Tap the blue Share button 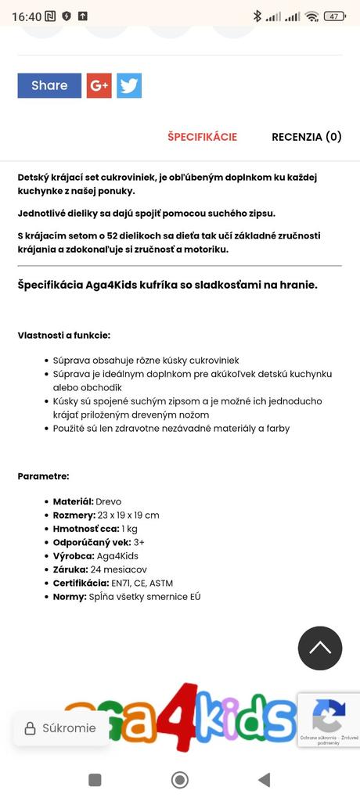click(x=49, y=86)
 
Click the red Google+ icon click(x=99, y=86)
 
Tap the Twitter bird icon click(x=129, y=86)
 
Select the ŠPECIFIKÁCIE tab click(x=202, y=137)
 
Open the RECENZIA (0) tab click(x=306, y=137)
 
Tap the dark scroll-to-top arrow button click(x=320, y=648)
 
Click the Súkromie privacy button click(x=61, y=728)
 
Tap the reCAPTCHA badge click(x=329, y=719)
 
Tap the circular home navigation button click(x=180, y=779)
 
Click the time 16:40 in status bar click(x=27, y=16)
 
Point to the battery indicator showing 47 click(x=335, y=16)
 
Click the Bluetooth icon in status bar click(x=257, y=16)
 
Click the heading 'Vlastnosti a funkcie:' click(x=64, y=336)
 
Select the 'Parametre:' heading click(x=44, y=476)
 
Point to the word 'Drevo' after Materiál click(x=109, y=501)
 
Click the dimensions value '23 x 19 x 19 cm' click(x=128, y=515)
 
